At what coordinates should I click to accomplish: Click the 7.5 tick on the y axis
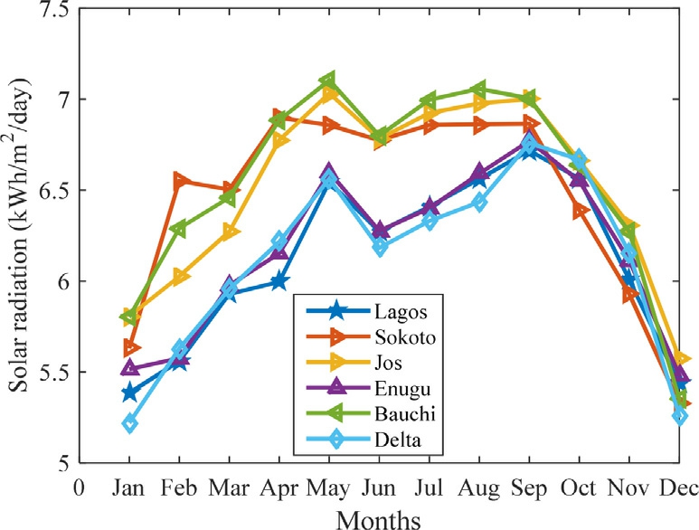click(x=50, y=10)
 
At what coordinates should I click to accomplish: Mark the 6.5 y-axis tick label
click(x=50, y=191)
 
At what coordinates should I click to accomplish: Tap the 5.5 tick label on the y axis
click(x=50, y=373)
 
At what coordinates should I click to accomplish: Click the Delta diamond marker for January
click(x=130, y=423)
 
